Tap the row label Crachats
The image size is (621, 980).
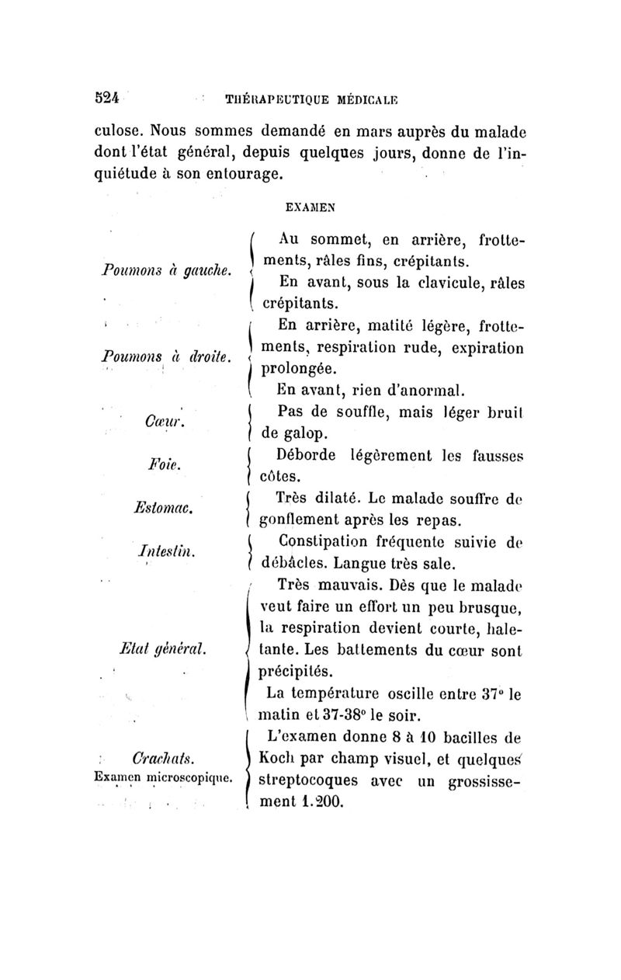point(163,754)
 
